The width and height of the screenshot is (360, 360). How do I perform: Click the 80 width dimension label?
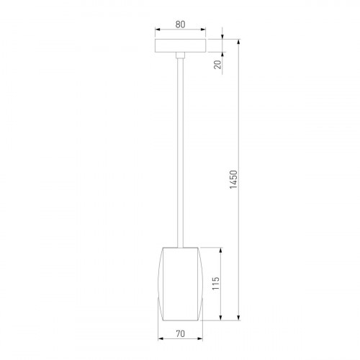[x=180, y=23]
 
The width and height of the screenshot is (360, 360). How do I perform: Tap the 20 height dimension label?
[x=217, y=66]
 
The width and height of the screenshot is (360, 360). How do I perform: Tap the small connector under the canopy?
[x=180, y=57]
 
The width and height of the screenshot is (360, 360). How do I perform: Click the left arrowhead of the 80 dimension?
[x=158, y=32]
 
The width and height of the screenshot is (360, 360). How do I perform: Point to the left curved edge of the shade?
[x=161, y=284]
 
